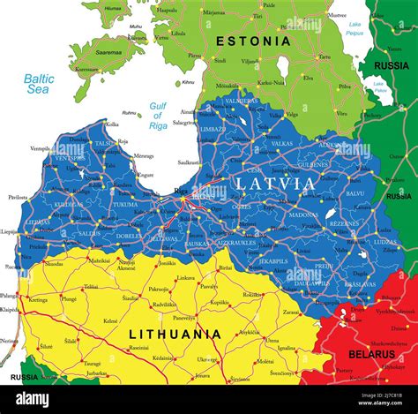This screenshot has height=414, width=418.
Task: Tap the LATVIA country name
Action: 274,184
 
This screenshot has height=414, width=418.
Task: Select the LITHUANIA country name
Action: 175,334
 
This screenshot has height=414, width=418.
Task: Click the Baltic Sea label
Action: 38,84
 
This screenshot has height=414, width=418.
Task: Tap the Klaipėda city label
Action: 8,311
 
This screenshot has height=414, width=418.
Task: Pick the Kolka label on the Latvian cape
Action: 112,124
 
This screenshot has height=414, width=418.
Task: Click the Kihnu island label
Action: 188,82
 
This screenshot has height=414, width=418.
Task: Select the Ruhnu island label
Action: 130,112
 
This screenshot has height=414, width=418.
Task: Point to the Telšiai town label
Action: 91,287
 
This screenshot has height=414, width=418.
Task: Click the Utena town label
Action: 272,340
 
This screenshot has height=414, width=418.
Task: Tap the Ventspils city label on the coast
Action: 41,148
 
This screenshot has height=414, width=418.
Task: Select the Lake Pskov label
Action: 380,87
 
